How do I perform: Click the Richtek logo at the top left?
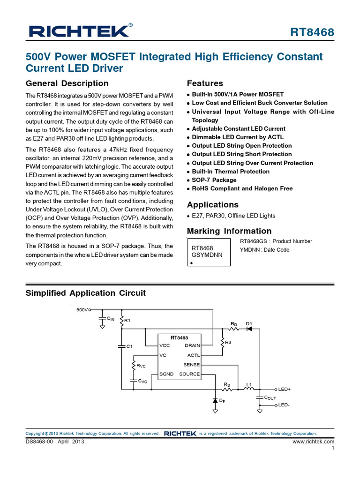coord(79,31)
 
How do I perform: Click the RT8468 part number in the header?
coord(312,32)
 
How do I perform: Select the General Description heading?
coord(67,83)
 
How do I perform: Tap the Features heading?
coord(205,83)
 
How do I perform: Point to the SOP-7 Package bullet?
coord(214,180)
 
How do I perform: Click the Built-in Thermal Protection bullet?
coord(231,172)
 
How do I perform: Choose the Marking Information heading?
coord(229,231)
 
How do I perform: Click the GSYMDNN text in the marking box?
coord(207,255)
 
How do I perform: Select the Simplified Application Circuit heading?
coord(85,293)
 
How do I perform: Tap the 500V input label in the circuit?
coord(82,310)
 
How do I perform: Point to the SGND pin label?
coord(166,374)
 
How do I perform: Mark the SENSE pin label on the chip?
coord(192,365)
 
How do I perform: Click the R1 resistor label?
coord(127,321)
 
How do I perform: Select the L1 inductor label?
coord(249,385)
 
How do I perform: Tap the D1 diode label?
coord(249,324)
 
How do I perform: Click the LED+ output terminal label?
coord(285,390)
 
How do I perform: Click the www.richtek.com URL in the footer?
coord(313,442)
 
